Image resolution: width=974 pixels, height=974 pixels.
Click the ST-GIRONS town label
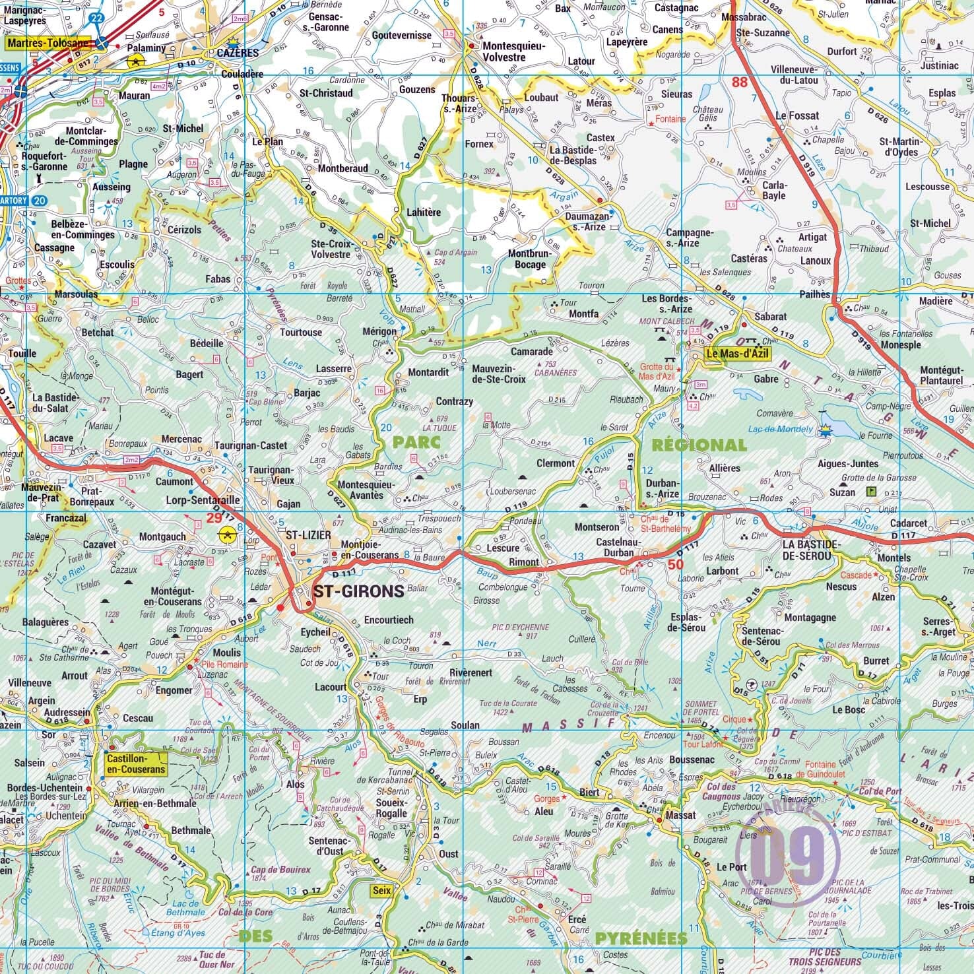(x=358, y=591)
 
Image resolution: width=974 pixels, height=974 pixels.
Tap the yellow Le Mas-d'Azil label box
(x=731, y=353)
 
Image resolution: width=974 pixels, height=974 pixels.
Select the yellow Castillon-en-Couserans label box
(x=136, y=764)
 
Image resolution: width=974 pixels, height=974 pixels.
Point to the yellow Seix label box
(x=381, y=890)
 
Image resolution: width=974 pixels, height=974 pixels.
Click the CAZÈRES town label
(x=238, y=53)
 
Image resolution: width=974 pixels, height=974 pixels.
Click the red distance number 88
(x=739, y=82)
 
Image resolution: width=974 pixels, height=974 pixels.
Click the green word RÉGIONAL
(x=699, y=445)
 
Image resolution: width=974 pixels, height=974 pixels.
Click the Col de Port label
(x=880, y=791)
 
